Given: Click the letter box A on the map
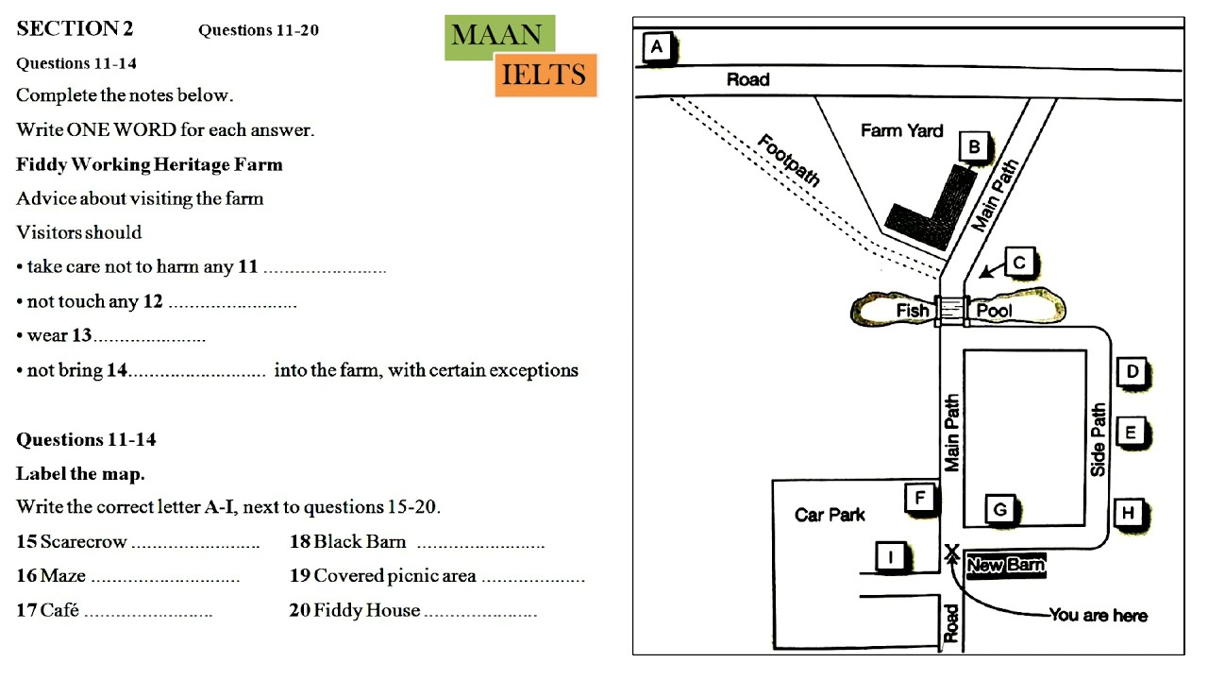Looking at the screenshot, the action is pos(657,47).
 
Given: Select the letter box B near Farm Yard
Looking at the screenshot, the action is pos(974,146).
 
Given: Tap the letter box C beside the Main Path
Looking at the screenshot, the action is pos(1019,263).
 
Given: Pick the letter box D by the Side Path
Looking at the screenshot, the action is pos(1132,372).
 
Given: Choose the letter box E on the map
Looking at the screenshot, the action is pos(1131,433).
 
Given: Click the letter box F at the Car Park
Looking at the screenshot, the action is pos(920,497).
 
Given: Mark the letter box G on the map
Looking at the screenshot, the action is pos(1000,509).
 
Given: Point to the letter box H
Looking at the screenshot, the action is pos(1128,513).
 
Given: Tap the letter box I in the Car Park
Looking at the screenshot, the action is pos(891,556).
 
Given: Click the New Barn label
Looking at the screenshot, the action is pos(1006,566).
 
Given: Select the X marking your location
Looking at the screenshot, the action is pos(952,552).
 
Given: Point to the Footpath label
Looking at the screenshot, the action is pos(788,160).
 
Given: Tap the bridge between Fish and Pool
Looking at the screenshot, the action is pos(952,311).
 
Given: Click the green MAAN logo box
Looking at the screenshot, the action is pos(500,37).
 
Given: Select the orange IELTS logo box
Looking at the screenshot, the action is pos(545,75).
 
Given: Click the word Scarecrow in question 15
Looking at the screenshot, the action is pos(84,541).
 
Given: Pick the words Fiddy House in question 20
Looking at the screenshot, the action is pos(367,610).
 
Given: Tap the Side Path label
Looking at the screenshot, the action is pos(1098,440).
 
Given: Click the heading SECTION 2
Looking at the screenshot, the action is pos(75,28).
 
